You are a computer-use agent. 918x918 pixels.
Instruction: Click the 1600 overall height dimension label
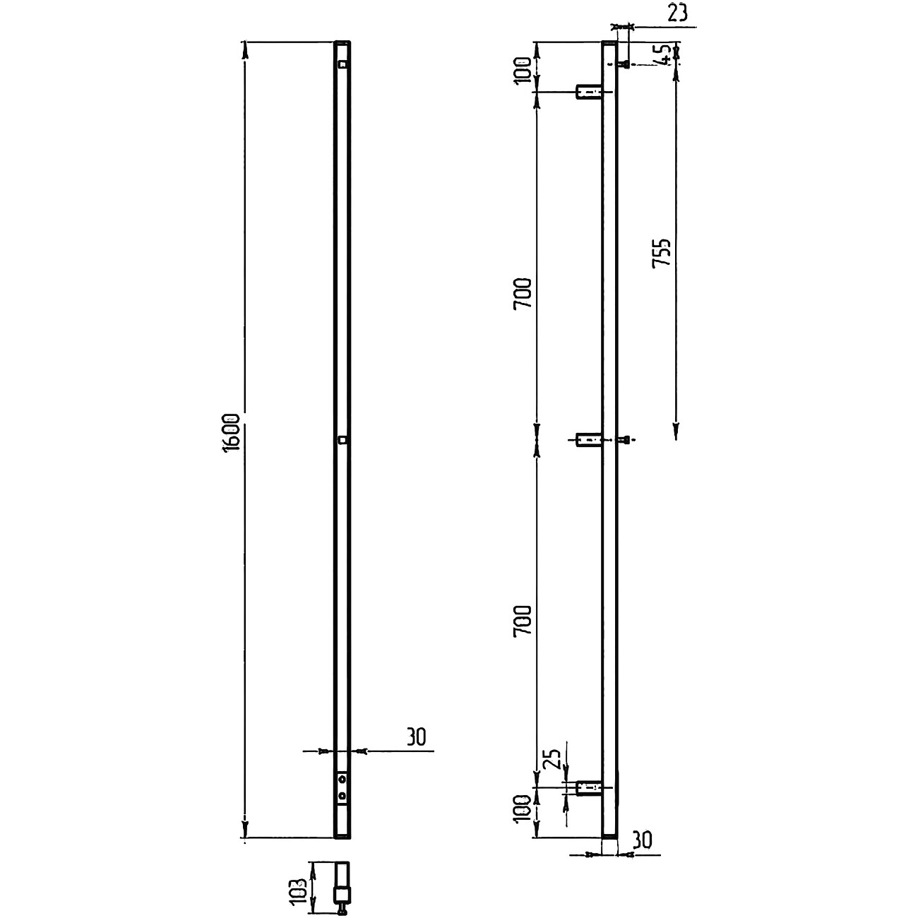(x=232, y=433)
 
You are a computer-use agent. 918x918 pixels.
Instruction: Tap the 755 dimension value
(x=661, y=254)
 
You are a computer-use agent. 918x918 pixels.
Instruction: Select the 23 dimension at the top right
(x=677, y=13)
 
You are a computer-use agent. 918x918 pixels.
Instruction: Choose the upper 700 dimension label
(x=522, y=294)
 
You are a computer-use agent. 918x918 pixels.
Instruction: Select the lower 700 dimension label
(x=522, y=621)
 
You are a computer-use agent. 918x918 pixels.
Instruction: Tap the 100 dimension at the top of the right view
(x=522, y=69)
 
